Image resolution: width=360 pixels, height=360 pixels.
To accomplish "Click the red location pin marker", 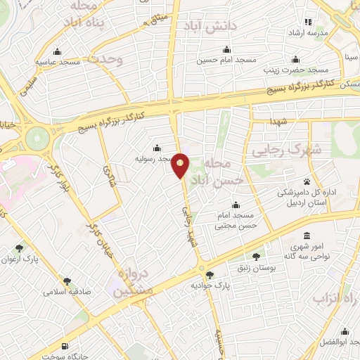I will tap(181, 165).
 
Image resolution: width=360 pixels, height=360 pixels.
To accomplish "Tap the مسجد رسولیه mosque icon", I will tap(156, 148).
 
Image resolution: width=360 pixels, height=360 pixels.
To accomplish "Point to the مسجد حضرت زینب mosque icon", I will tap(295, 58).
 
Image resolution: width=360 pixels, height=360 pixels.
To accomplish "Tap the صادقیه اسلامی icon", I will tap(67, 281).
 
